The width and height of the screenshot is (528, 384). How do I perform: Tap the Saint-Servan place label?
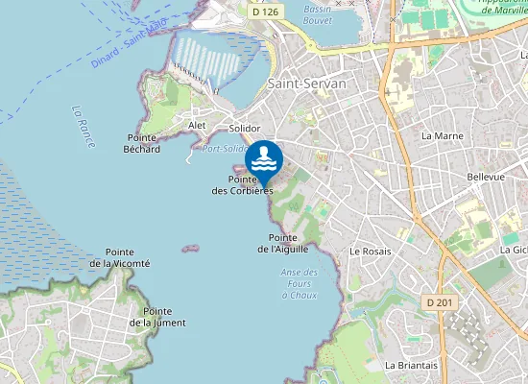306,84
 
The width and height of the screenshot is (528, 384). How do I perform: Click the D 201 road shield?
439,302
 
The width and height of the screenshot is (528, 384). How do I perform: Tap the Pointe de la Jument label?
157,317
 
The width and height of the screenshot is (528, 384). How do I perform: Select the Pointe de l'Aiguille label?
282,243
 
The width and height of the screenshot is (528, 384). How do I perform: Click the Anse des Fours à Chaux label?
300,283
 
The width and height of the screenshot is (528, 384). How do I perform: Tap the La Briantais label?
411,365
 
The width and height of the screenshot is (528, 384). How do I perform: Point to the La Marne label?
443,135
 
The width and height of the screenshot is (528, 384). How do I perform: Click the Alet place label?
198,125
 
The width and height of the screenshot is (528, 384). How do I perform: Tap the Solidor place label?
246,128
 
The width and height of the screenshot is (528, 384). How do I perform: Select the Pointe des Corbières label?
243,185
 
